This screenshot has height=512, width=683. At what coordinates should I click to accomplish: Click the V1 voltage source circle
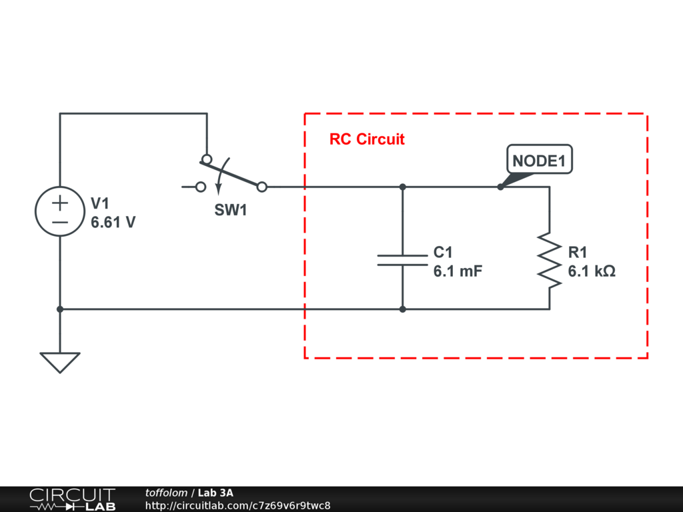point(60,211)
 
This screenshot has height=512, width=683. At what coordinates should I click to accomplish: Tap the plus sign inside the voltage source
point(60,201)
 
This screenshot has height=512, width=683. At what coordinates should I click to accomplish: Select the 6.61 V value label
point(113,223)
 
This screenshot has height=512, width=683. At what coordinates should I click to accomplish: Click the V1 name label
point(99,203)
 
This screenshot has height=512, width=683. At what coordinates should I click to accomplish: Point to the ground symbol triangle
point(60,361)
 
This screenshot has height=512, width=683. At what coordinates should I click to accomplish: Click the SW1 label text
point(230,211)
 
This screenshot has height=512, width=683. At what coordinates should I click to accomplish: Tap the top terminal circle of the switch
point(207,159)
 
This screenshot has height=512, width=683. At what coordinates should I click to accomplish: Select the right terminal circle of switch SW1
point(262,187)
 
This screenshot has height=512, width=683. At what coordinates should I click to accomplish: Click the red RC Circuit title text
point(367,139)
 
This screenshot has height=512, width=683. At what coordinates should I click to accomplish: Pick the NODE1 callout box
point(540,161)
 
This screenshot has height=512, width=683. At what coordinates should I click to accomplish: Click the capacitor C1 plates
point(402,260)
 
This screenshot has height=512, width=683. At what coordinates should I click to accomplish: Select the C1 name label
point(443,253)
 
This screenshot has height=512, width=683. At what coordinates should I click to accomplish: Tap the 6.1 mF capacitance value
point(458,272)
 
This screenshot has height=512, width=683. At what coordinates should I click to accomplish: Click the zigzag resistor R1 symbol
point(549,260)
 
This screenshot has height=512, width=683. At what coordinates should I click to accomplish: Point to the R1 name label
point(578,253)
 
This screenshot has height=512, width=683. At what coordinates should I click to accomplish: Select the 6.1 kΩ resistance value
point(592,272)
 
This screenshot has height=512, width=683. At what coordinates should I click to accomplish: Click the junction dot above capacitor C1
point(402,187)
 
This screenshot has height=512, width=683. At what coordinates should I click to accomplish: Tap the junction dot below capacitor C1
point(402,309)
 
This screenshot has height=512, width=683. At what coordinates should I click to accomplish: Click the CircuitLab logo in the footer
point(72,499)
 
